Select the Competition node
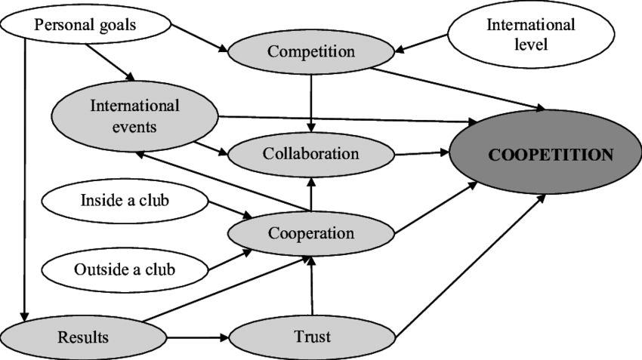311,52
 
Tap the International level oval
530,35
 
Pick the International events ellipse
134,115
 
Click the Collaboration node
310,154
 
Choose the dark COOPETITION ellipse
550,155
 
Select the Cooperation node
310,232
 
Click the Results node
82,336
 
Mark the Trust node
311,337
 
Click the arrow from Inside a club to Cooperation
227,211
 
